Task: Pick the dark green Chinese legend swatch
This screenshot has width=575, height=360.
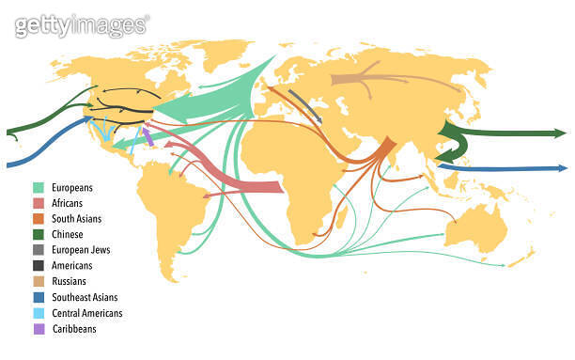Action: point(39,234)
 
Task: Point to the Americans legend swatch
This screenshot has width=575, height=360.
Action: point(39,266)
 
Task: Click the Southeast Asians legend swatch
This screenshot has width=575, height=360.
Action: point(39,297)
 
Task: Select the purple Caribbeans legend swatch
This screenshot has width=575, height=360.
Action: point(39,329)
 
